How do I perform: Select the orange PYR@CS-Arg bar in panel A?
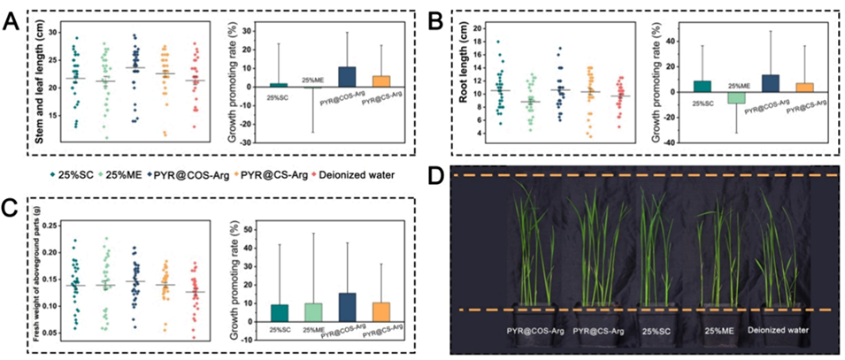[x=381, y=80]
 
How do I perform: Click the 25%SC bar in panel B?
[x=677, y=86]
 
